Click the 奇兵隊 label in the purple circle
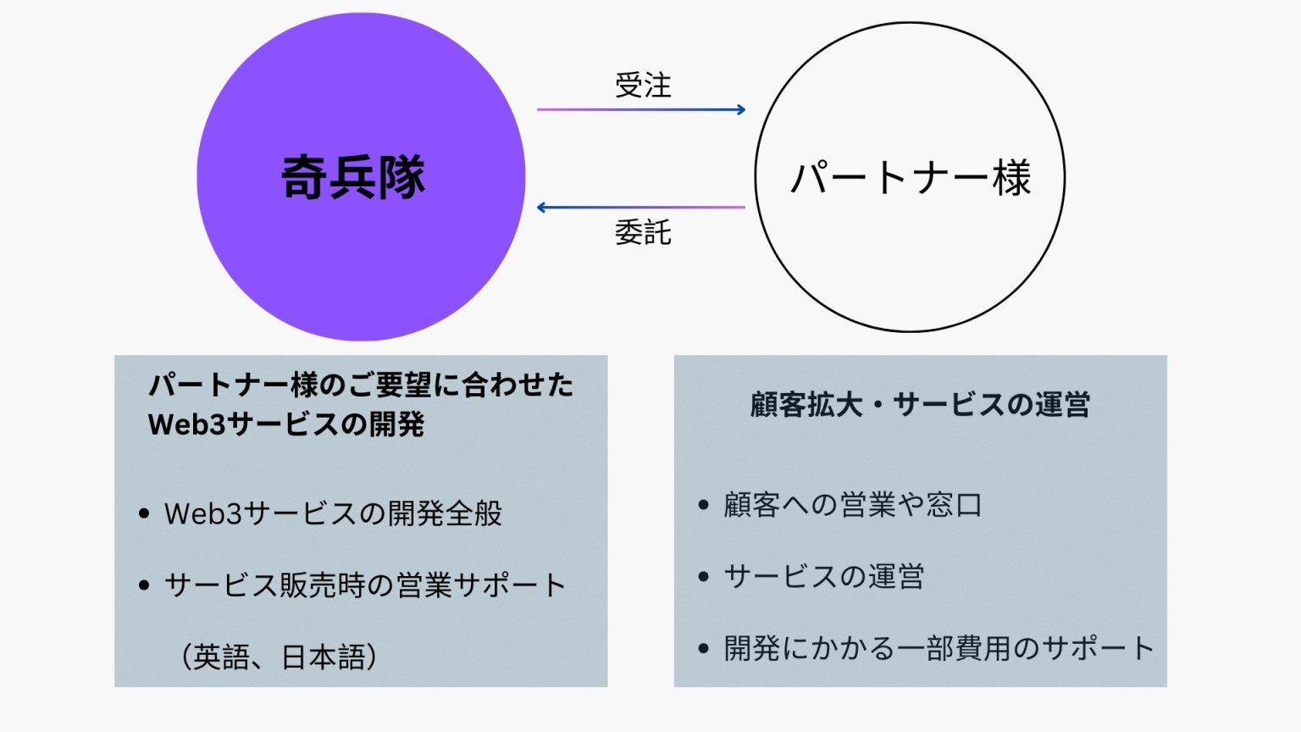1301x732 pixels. click(353, 177)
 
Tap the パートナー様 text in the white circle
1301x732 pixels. click(911, 178)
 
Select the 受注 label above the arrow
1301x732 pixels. click(643, 86)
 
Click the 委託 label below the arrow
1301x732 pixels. click(643, 232)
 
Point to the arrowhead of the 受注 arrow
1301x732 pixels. click(741, 109)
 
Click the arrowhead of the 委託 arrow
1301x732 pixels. click(542, 208)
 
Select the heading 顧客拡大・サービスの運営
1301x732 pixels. click(920, 404)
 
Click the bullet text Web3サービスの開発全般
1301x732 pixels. click(333, 513)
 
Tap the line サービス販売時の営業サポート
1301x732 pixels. click(365, 585)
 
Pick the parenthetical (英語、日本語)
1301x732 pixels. click(279, 657)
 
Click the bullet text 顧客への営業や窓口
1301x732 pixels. click(852, 505)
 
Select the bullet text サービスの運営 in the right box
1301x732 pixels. click(823, 577)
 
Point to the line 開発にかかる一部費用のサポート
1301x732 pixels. click(938, 649)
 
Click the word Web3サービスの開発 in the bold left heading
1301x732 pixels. click(286, 424)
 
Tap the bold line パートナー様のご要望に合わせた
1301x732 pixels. click(361, 385)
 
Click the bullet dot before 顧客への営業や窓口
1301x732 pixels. click(703, 506)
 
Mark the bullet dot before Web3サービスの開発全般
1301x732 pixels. click(144, 513)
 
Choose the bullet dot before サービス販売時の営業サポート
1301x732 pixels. click(144, 585)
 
